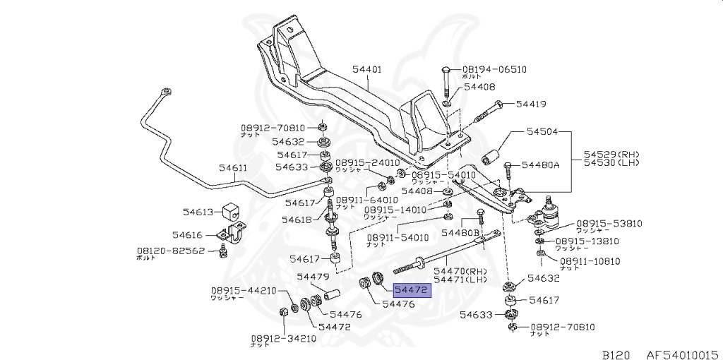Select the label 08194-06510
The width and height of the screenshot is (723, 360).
click(x=494, y=69)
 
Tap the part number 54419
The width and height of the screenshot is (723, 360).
click(x=530, y=104)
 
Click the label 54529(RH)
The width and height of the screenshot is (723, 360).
click(x=611, y=153)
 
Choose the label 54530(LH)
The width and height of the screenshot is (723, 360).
click(x=611, y=163)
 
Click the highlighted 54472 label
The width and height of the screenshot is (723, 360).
click(x=411, y=289)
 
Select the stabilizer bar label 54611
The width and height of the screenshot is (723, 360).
click(x=232, y=168)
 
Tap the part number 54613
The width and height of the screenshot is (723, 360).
click(x=198, y=211)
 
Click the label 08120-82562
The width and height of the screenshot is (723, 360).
click(x=170, y=251)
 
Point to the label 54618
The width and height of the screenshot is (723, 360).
click(x=296, y=220)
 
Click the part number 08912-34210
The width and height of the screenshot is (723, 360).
click(x=285, y=338)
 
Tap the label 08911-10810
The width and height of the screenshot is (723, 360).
click(x=590, y=261)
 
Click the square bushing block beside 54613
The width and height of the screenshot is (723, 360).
click(x=232, y=210)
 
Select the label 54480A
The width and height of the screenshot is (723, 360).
click(x=540, y=165)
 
